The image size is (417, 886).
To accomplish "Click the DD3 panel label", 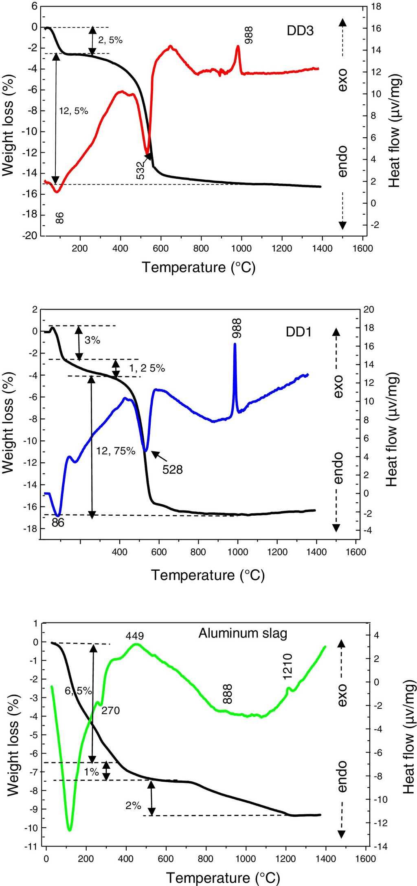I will pos(300,31).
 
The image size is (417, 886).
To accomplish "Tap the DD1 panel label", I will pos(298,332).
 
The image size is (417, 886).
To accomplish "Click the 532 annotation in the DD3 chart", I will pos(140,170).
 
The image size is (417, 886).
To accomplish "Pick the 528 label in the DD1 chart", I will pos(173,470).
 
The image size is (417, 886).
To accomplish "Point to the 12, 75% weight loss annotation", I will pos(116,451).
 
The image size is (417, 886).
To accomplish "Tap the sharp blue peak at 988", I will pos(235,345).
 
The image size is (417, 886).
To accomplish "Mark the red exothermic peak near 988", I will pos(238,47).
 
